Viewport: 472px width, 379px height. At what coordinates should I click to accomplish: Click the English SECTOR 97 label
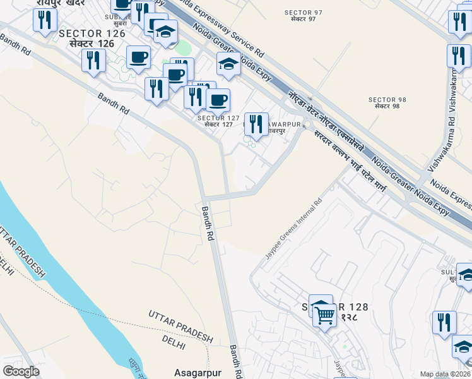tap(304, 13)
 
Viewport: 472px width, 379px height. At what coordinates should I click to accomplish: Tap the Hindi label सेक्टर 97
tap(304, 20)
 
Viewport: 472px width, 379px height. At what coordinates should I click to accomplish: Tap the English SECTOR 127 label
tap(218, 118)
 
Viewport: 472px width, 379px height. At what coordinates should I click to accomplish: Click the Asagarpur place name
tap(198, 373)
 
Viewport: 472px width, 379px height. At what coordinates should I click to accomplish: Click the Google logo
tap(21, 371)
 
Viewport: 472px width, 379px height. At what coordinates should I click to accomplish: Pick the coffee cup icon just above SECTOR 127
tap(218, 100)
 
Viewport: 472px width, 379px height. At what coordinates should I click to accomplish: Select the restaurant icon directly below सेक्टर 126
tap(93, 60)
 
